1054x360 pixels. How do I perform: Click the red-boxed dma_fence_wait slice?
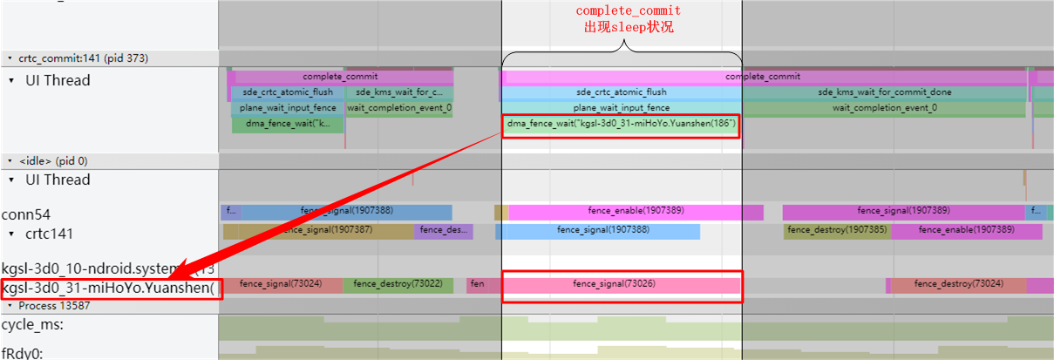pyautogui.click(x=622, y=125)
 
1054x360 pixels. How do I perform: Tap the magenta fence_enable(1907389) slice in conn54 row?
pyautogui.click(x=636, y=212)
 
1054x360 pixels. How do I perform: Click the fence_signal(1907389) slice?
pyautogui.click(x=902, y=212)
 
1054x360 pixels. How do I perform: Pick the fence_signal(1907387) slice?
pyautogui.click(x=318, y=231)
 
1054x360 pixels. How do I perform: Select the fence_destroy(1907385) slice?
pyautogui.click(x=837, y=231)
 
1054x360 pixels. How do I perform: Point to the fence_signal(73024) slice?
pyautogui.click(x=281, y=284)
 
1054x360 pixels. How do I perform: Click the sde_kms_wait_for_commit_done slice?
pyautogui.click(x=884, y=92)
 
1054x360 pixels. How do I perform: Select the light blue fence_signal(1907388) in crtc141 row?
pyautogui.click(x=597, y=231)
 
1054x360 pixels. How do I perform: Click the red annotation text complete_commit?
pyautogui.click(x=628, y=11)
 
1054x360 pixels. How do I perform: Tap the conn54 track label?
pyautogui.click(x=26, y=214)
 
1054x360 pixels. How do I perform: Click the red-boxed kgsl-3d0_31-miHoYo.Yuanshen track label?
pyautogui.click(x=110, y=289)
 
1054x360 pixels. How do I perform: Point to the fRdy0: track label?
pyautogui.click(x=23, y=352)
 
